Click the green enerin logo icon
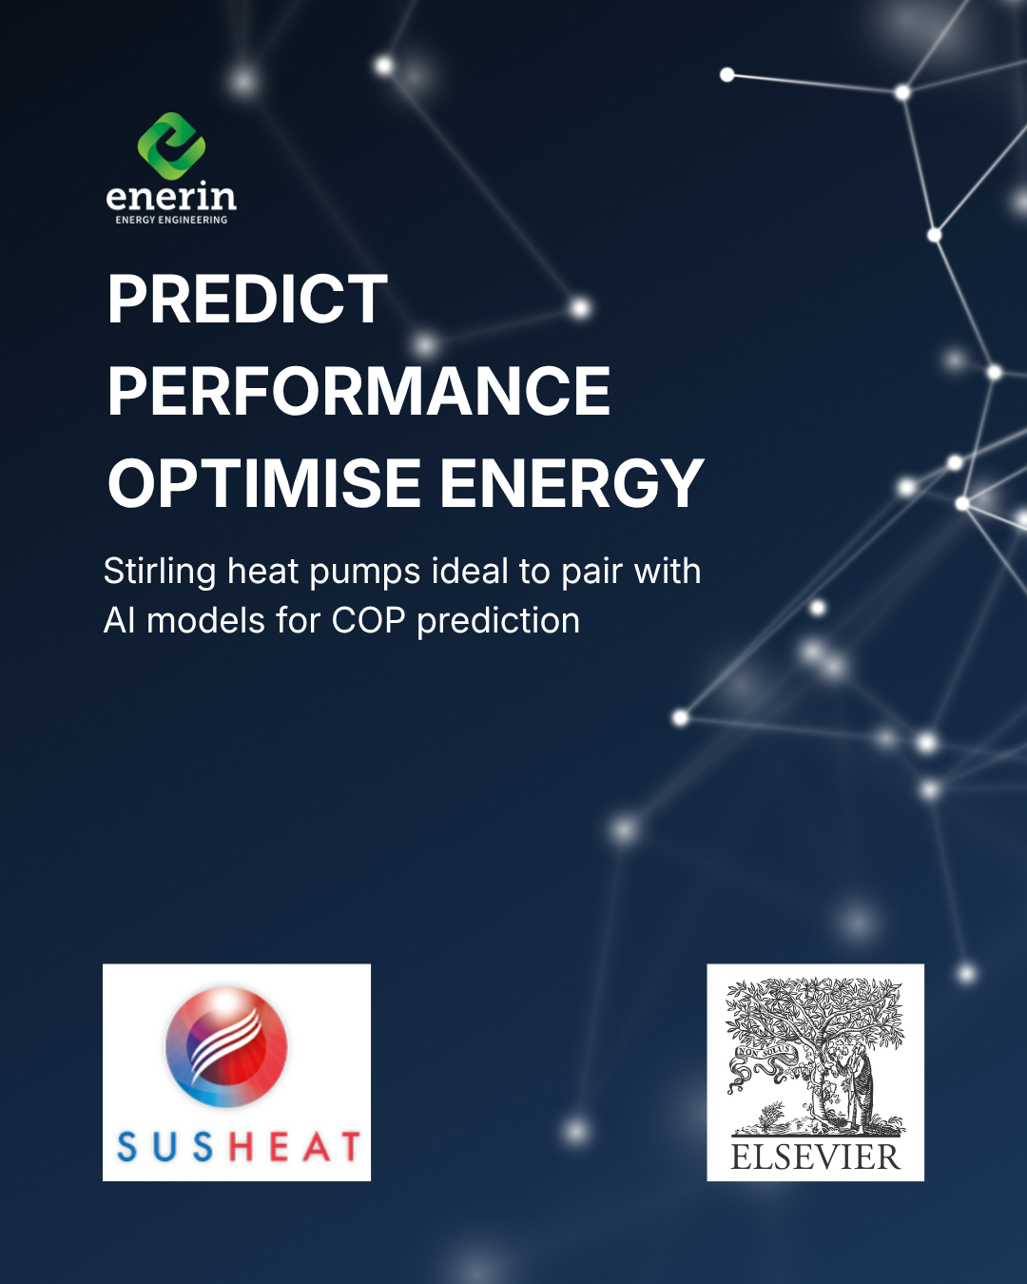click(171, 146)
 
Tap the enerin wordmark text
click(171, 197)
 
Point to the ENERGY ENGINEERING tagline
click(171, 220)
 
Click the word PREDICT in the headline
click(247, 300)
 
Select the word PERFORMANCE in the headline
click(358, 391)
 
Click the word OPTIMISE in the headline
click(263, 483)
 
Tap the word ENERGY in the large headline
click(571, 483)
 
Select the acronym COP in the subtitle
click(368, 621)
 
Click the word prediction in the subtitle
click(497, 621)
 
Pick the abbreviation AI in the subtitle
click(119, 621)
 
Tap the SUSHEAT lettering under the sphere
click(238, 1147)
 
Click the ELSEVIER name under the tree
click(815, 1158)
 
